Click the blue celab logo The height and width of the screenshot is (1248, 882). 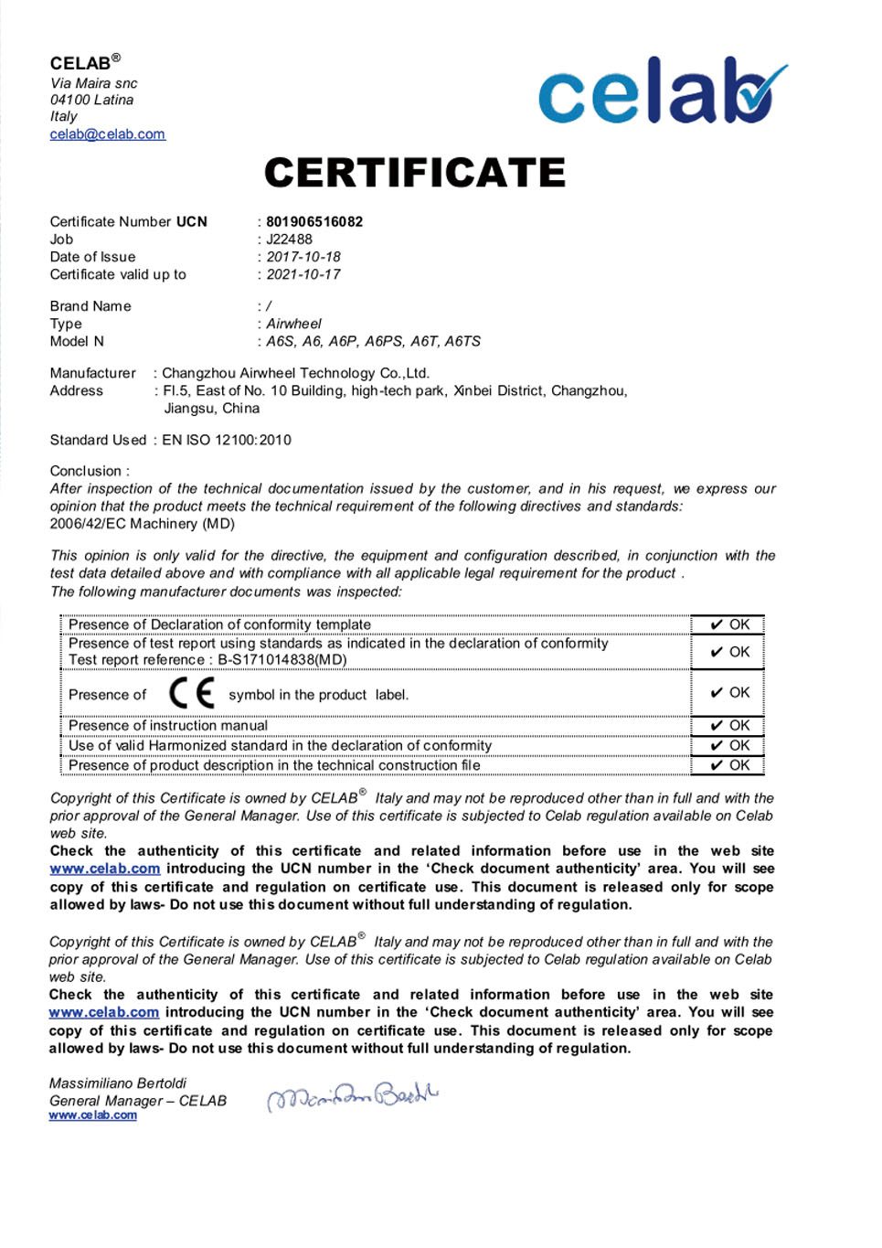pyautogui.click(x=662, y=91)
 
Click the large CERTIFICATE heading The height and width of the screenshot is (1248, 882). pyautogui.click(x=415, y=173)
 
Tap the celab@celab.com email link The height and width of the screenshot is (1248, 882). pyautogui.click(x=108, y=134)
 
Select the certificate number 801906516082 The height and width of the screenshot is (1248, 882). pyautogui.click(x=314, y=222)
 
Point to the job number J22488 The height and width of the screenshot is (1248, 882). pyautogui.click(x=290, y=240)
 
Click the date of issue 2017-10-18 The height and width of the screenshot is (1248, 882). pyautogui.click(x=303, y=257)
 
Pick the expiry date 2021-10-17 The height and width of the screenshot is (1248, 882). pyautogui.click(x=303, y=274)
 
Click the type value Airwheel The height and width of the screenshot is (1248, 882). pyautogui.click(x=293, y=324)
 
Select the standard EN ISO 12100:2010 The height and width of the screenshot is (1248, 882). pyautogui.click(x=227, y=440)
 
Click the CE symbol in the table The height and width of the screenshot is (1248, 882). pyautogui.click(x=192, y=693)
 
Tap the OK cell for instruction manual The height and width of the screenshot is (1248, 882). pyautogui.click(x=729, y=726)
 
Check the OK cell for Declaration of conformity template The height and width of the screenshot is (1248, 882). pyautogui.click(x=729, y=625)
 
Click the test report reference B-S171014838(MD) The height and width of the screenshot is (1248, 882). pyautogui.click(x=282, y=660)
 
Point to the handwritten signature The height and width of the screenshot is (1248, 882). pyautogui.click(x=352, y=1095)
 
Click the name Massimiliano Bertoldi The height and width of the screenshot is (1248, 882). pyautogui.click(x=118, y=1083)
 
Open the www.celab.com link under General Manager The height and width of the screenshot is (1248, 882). pyautogui.click(x=93, y=1115)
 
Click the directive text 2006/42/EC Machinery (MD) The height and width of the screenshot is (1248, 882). pyautogui.click(x=143, y=524)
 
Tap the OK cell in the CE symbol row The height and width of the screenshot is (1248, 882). pyautogui.click(x=729, y=693)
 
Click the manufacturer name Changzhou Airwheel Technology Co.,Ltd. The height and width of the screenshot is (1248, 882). pyautogui.click(x=295, y=373)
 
